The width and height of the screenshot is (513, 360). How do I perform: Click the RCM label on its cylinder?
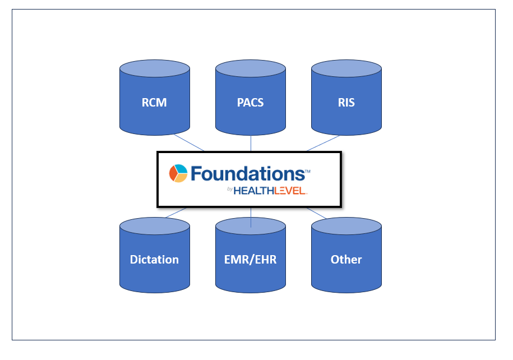point(154,103)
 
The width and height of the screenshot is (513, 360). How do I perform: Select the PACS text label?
point(250,103)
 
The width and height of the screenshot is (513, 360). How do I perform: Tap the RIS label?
point(346,103)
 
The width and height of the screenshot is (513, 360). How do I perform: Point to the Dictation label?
point(154,260)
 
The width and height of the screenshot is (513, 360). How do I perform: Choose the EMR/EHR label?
point(250,260)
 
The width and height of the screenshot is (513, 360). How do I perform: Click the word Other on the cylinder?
point(346,260)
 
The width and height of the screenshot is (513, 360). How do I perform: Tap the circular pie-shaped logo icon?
point(178,173)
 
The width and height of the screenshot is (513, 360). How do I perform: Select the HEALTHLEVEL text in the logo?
point(270,191)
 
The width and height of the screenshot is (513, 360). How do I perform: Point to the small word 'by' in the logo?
point(230,190)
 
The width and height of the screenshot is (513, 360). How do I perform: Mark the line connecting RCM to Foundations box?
point(188,142)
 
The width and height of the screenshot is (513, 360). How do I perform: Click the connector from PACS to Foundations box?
point(251,143)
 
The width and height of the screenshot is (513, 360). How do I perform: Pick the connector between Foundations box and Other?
point(317,213)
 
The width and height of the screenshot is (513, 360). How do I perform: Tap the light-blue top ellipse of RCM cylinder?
point(154,69)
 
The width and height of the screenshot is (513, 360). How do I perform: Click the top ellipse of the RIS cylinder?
point(346,69)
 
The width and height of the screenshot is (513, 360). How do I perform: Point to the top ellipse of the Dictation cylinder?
point(154,226)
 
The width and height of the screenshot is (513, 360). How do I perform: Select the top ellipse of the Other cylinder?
point(346,226)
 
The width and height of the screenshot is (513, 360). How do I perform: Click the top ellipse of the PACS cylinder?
point(250,69)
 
